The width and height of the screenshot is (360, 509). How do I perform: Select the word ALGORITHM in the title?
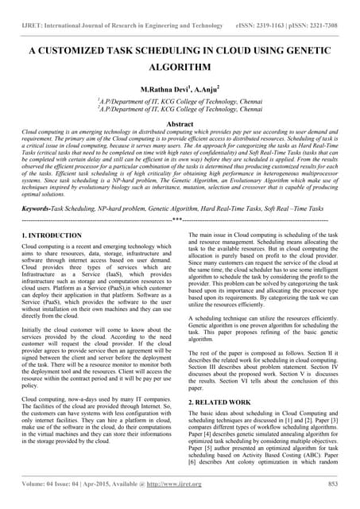coord(180,68)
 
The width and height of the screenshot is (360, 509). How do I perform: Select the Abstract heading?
coord(180,124)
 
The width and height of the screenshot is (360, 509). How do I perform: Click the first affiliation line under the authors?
coord(180,102)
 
